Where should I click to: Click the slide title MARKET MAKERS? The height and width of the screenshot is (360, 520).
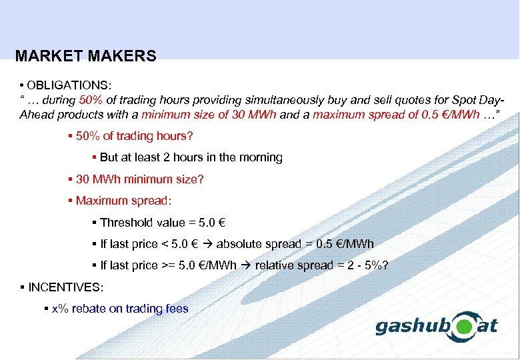click(x=85, y=57)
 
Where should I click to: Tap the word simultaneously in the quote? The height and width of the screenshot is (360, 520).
click(x=289, y=100)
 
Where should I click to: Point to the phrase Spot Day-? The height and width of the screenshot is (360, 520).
click(x=478, y=100)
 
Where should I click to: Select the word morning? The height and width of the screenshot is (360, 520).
click(x=263, y=158)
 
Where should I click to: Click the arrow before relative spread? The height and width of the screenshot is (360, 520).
click(x=245, y=265)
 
